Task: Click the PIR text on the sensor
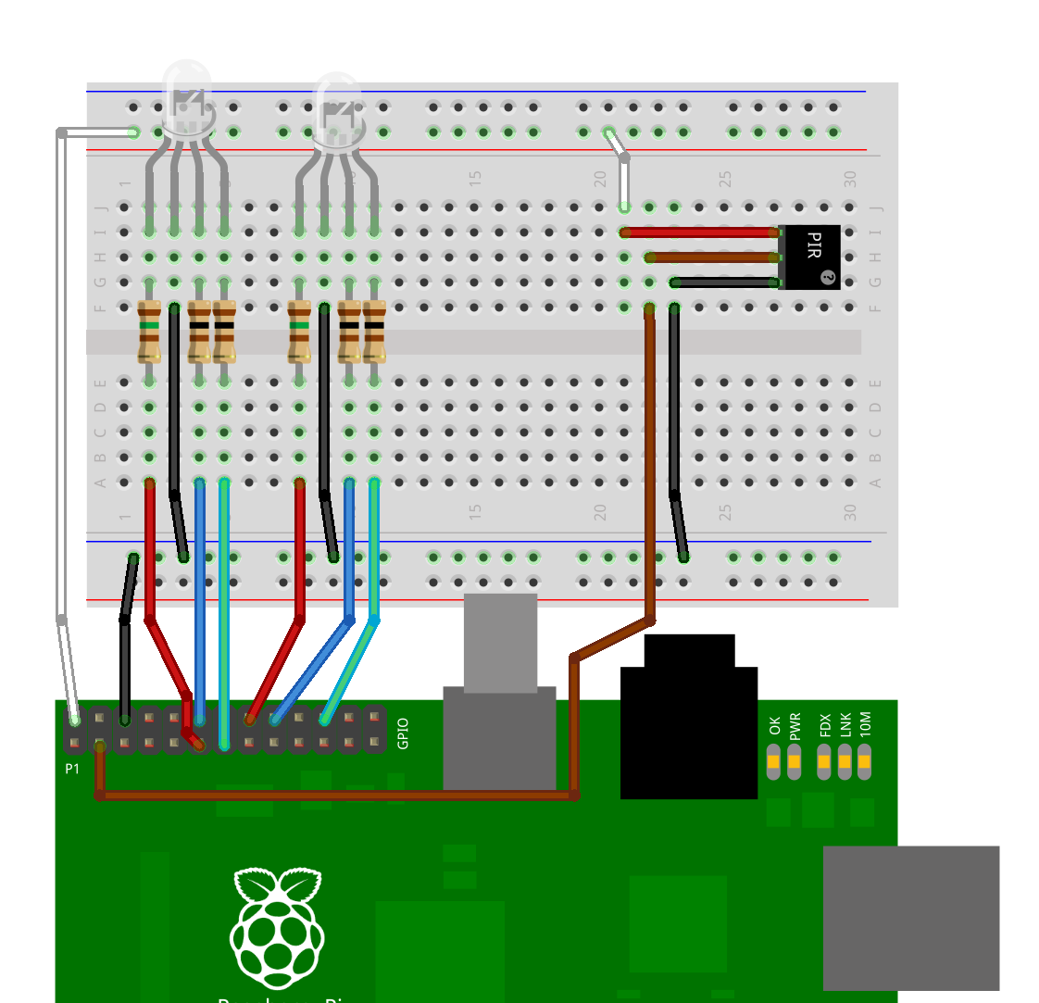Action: pos(813,245)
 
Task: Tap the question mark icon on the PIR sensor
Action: pos(828,276)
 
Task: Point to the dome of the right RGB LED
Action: pos(336,105)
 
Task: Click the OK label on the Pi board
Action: pos(774,725)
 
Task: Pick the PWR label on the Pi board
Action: pos(795,725)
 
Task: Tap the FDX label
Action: pos(823,724)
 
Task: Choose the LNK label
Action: pos(845,724)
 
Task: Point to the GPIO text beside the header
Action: pos(402,733)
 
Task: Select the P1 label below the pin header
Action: pos(72,769)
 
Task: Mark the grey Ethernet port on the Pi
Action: pos(910,917)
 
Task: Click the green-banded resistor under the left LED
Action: pos(149,331)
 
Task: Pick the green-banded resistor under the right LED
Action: pos(298,331)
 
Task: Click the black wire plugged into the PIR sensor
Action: pos(726,282)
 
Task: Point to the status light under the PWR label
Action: pos(795,764)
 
